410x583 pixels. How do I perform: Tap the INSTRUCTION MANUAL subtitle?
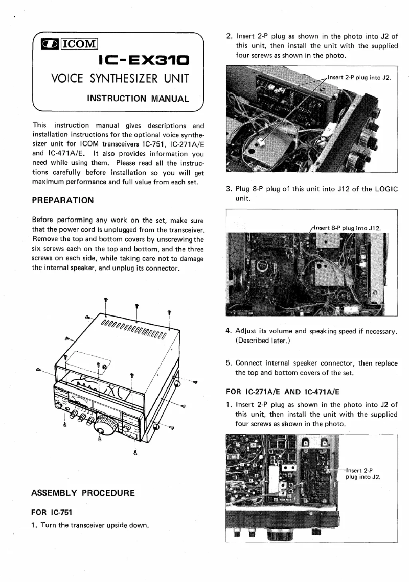(131, 98)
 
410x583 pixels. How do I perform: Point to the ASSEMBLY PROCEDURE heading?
(83, 493)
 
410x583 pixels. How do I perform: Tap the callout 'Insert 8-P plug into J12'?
(348, 228)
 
